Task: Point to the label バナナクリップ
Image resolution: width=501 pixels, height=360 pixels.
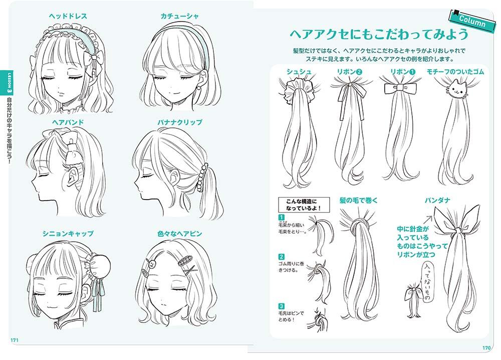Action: (x=179, y=122)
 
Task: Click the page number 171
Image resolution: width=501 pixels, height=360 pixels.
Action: (x=15, y=340)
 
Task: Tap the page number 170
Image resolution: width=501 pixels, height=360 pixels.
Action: (x=486, y=348)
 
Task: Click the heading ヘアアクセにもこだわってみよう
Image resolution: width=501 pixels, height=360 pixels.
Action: (x=379, y=34)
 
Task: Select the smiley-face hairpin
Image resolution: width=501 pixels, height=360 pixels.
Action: (x=152, y=264)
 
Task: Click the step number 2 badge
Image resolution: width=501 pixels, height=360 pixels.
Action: (x=281, y=257)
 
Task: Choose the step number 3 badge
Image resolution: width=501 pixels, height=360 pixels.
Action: (x=281, y=306)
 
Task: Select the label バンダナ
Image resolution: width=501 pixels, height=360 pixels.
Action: (x=437, y=201)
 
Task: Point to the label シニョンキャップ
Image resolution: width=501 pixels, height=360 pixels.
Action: (x=68, y=234)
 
